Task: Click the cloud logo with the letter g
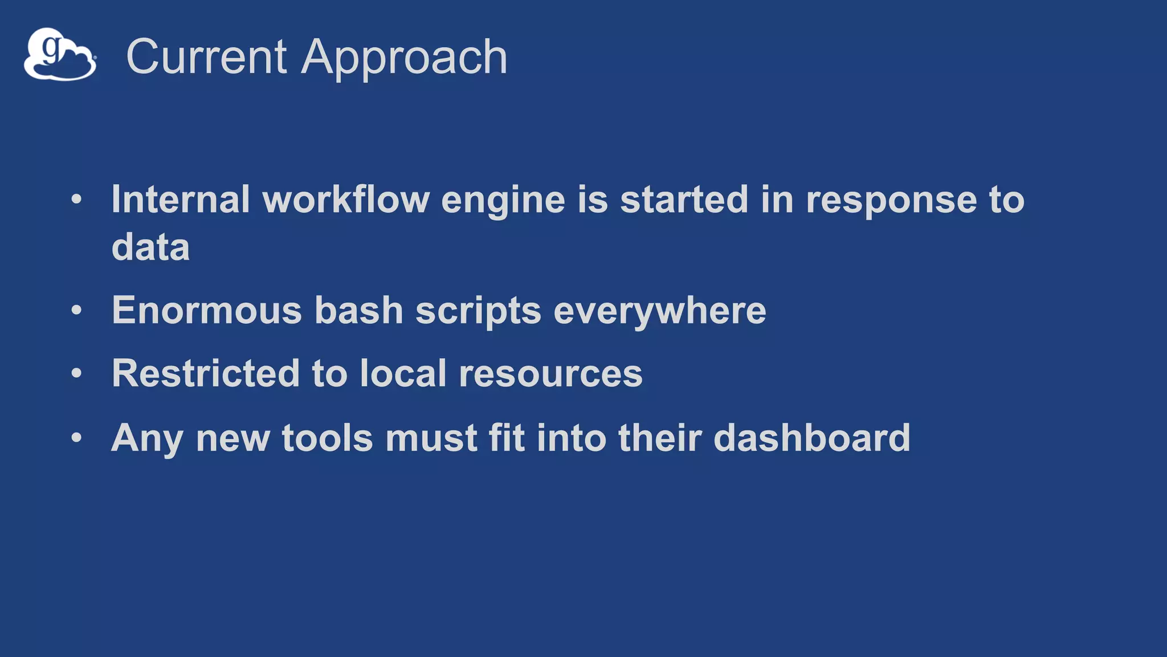60,55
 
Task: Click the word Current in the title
206,56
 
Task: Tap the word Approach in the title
404,58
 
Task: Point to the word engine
503,201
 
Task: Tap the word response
891,200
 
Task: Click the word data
150,247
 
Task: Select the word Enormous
206,310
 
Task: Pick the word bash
359,310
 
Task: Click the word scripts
478,311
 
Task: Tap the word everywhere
660,311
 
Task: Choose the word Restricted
205,374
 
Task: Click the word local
403,374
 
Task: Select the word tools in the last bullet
327,438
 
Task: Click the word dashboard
812,438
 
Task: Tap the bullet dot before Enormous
77,311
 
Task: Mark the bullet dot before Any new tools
77,438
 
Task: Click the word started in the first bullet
684,200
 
